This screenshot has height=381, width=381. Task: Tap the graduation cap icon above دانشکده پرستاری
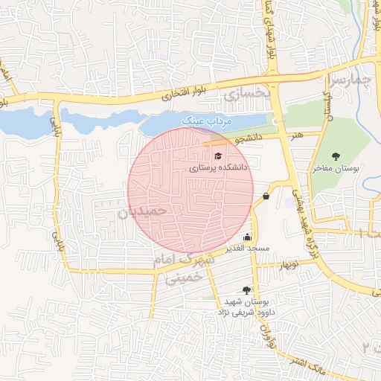tap(218, 156)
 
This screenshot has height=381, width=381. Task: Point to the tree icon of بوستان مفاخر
tap(336, 156)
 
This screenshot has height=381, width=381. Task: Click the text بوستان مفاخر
tap(336, 169)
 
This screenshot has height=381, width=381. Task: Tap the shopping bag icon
tap(266, 196)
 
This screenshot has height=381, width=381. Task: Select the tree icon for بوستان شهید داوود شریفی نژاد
tap(246, 290)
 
